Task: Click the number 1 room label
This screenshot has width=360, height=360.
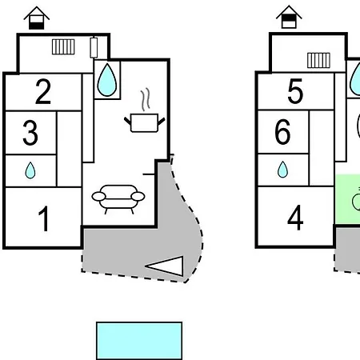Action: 43,218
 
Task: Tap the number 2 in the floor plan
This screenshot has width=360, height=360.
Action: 43,91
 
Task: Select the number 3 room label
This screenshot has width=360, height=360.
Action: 30,133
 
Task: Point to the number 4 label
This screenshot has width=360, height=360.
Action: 295,218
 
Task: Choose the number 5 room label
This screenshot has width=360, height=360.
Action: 295,91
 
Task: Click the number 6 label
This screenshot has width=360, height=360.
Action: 282,132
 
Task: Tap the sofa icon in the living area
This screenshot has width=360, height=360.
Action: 118,199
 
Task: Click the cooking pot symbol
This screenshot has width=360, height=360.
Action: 145,122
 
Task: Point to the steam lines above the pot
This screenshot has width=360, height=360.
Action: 146,99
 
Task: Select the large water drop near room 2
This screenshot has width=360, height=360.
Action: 107,80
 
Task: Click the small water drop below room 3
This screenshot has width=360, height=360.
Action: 30,170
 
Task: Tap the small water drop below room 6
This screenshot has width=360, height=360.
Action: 282,170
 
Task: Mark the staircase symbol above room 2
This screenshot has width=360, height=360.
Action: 63,46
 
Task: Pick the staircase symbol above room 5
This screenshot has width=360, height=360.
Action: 318,60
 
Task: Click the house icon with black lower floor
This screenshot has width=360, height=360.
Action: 37,18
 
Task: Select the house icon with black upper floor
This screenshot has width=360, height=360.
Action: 289,17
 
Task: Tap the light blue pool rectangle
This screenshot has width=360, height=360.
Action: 139,341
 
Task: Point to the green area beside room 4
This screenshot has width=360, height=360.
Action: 347,199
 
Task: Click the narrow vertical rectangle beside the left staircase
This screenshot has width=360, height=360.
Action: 94,47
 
